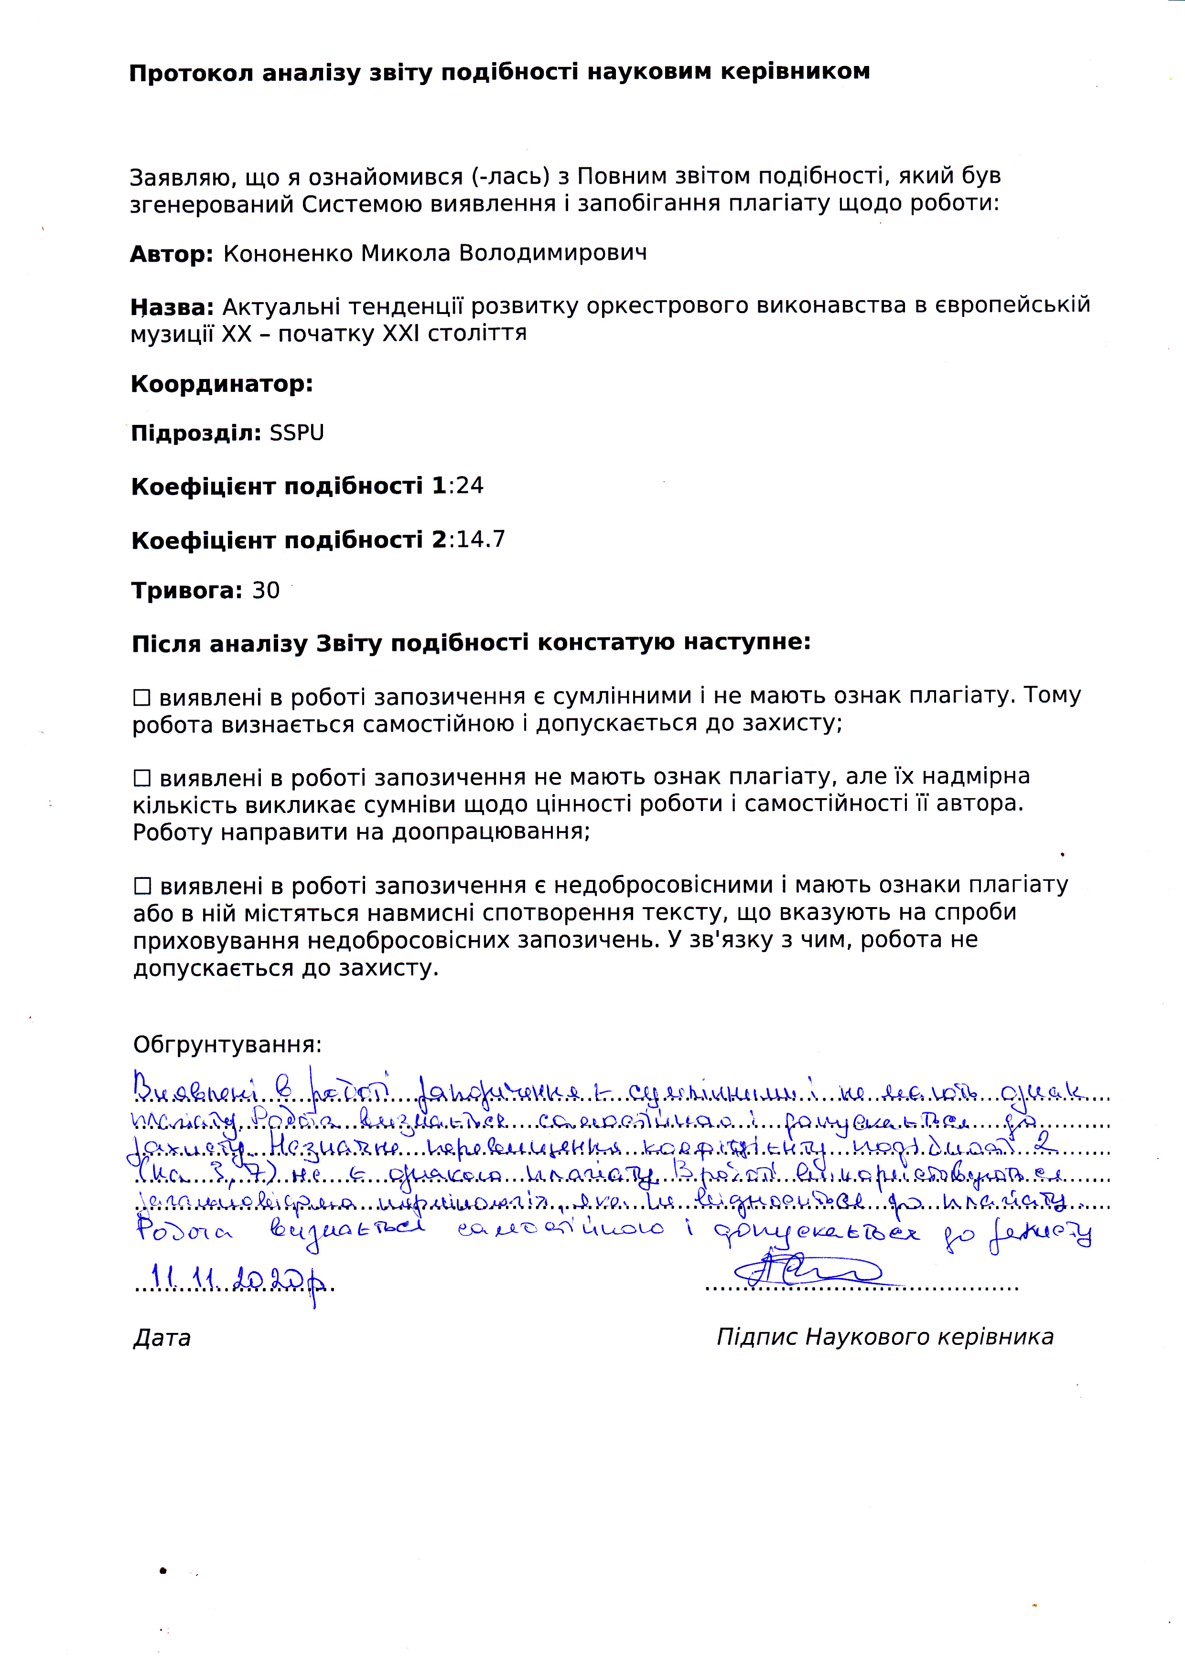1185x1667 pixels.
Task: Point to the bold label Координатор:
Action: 222,384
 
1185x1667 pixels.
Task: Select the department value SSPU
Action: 297,433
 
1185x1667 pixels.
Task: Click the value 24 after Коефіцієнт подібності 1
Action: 470,486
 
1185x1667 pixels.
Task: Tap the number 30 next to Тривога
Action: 266,590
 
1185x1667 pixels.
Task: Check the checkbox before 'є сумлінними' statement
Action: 141,698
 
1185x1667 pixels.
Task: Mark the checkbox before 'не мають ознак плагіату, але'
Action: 141,778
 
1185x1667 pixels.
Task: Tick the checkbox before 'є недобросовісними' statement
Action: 141,887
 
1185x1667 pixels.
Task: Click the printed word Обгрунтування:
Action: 227,1044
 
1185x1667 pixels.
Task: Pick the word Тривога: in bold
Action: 186,590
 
